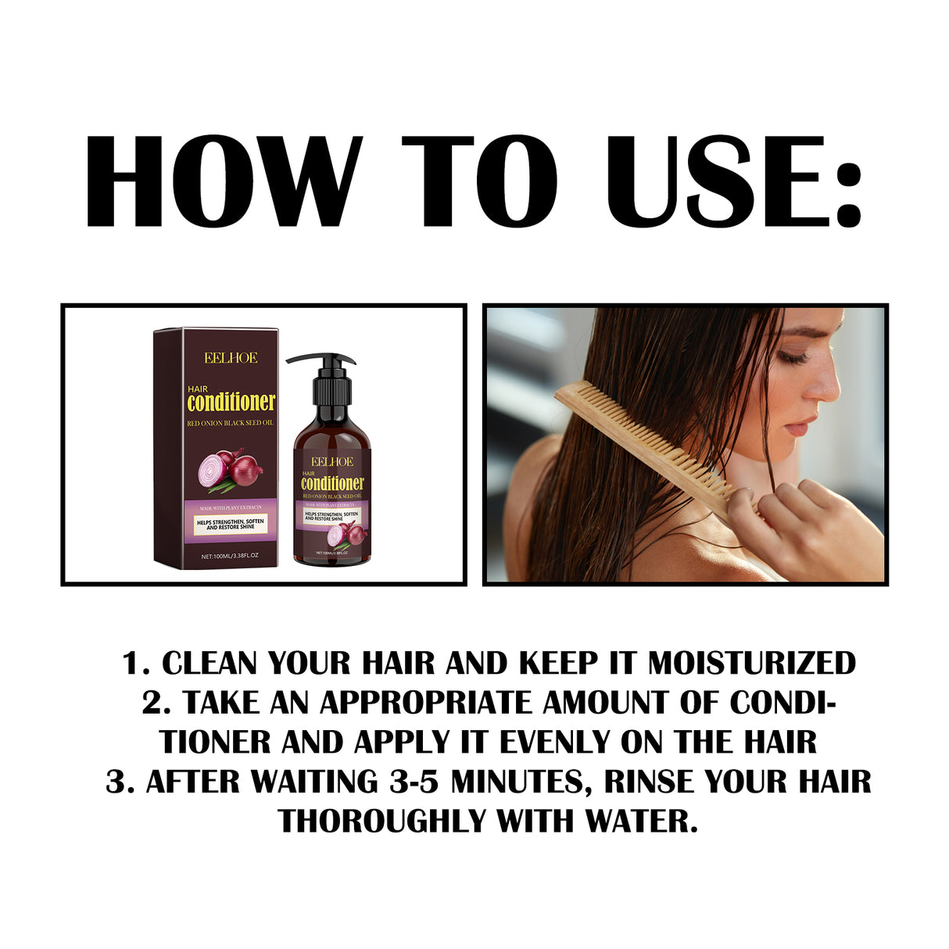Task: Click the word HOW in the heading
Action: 224,181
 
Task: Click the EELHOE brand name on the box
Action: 231,358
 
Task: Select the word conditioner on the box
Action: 231,402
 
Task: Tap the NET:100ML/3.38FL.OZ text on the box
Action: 230,556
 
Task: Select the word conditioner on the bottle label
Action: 332,483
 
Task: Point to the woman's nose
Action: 831,391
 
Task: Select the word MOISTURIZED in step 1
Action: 752,663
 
